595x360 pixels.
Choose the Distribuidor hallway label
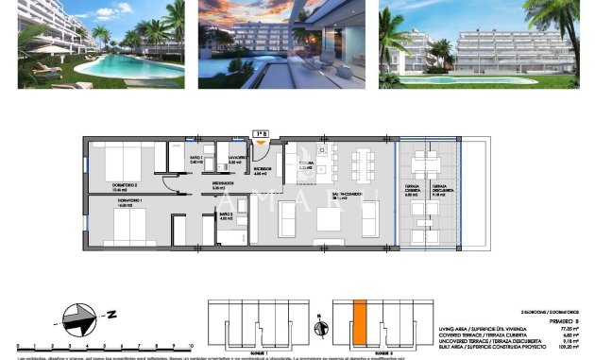tap(222, 186)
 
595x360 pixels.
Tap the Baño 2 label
tap(226, 215)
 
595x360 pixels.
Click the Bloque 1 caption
tap(259, 351)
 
